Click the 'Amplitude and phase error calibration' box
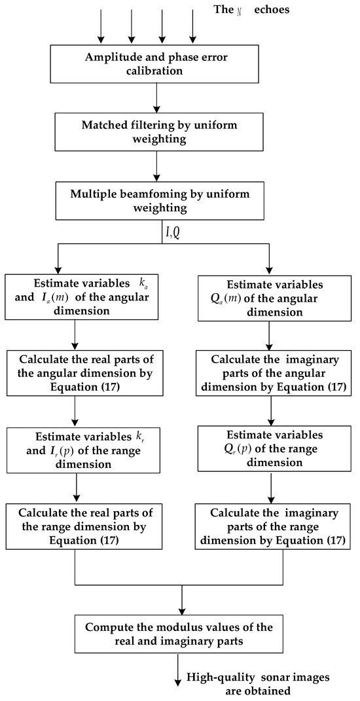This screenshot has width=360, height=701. coord(156,64)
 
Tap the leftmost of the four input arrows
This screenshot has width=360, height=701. coord(101,25)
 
